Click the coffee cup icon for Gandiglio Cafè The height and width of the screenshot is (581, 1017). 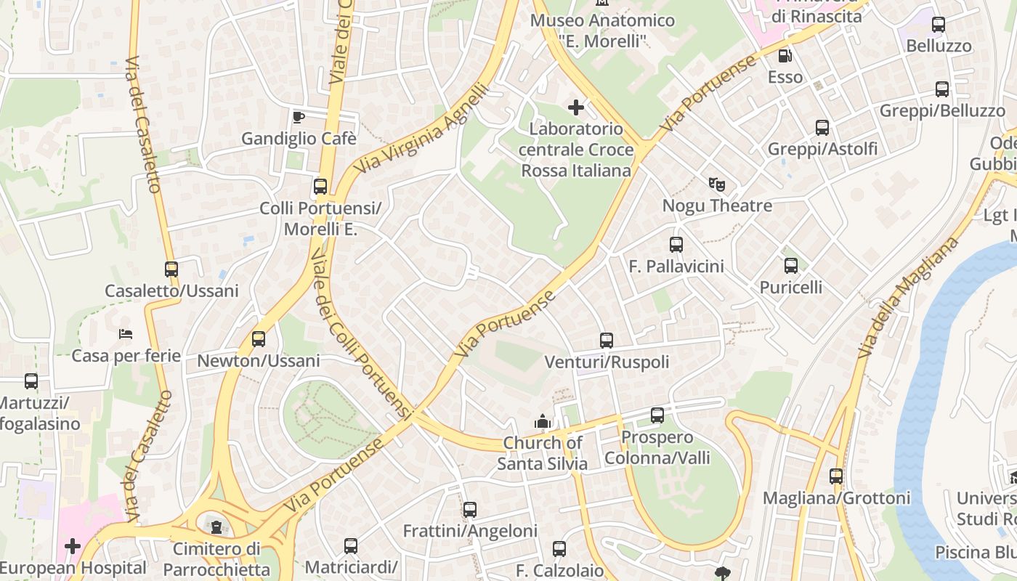(298, 117)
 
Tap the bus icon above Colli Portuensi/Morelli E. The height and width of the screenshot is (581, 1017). (320, 187)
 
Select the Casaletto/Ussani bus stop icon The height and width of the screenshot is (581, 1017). (171, 269)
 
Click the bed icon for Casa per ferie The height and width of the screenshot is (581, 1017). (126, 334)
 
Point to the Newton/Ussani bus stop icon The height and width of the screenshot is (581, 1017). (259, 339)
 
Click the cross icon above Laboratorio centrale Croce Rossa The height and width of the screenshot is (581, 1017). (576, 108)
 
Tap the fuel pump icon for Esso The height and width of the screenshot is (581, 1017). (785, 55)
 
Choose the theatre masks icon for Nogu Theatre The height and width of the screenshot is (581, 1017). (717, 184)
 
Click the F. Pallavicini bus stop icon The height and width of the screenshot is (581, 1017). (676, 245)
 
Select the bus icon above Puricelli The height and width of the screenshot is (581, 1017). (791, 266)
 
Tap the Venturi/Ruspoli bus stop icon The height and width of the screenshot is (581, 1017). (607, 341)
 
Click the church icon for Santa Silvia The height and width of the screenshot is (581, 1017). (543, 421)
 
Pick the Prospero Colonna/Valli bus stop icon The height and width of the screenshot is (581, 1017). (657, 415)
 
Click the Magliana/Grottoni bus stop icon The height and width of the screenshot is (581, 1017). (836, 476)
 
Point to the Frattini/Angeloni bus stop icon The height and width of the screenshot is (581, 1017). (470, 510)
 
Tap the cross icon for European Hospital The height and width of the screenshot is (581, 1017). (73, 546)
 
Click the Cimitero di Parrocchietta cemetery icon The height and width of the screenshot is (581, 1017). (216, 527)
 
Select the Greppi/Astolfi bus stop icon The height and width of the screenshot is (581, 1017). (822, 128)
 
